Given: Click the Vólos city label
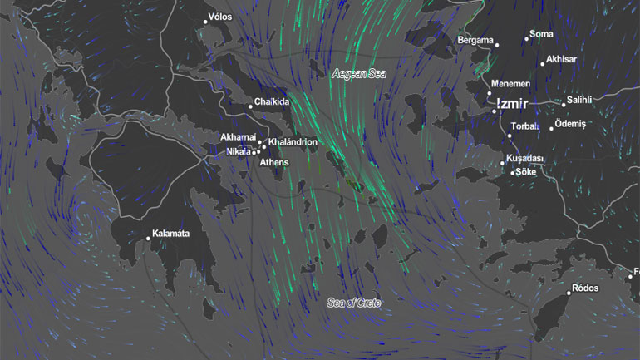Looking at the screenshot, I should pyautogui.click(x=220, y=17).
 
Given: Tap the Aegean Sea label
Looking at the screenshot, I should pyautogui.click(x=359, y=74).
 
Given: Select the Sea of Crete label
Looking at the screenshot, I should pyautogui.click(x=353, y=303).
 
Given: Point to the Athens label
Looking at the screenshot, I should pyautogui.click(x=274, y=162).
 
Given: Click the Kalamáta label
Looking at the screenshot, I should pyautogui.click(x=171, y=234).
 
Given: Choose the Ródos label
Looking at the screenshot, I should pyautogui.click(x=585, y=289).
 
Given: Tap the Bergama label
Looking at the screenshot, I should pyautogui.click(x=475, y=40).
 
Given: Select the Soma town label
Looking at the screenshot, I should pyautogui.click(x=541, y=34).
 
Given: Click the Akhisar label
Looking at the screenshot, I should pyautogui.click(x=561, y=59).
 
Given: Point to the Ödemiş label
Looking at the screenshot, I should pyautogui.click(x=571, y=124).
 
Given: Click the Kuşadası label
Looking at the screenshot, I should pyautogui.click(x=524, y=158).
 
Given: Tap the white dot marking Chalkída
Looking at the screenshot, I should pyautogui.click(x=250, y=106).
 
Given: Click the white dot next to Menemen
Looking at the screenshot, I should pyautogui.click(x=490, y=95).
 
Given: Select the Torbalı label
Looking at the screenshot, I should pyautogui.click(x=525, y=127).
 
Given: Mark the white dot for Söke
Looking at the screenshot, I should pyautogui.click(x=512, y=172).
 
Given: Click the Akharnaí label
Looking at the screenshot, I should pyautogui.click(x=237, y=137).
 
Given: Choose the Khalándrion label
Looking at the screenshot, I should pyautogui.click(x=293, y=142).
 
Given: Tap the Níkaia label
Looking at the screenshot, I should pyautogui.click(x=239, y=152).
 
